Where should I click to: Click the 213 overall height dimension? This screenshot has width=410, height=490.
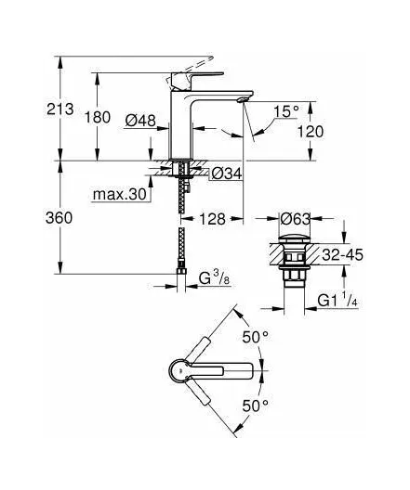(x=60, y=110)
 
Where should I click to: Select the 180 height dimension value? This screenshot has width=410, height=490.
(x=98, y=118)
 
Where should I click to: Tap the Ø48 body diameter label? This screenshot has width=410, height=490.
(x=140, y=121)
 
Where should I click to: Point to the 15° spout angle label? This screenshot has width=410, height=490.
(x=286, y=111)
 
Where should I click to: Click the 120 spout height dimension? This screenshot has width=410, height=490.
(x=311, y=132)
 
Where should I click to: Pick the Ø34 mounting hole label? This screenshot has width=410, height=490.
(x=227, y=174)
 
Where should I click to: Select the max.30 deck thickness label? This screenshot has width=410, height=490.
(x=120, y=194)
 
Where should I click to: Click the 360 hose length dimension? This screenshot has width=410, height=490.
(x=59, y=217)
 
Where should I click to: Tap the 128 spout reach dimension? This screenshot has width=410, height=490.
(x=213, y=219)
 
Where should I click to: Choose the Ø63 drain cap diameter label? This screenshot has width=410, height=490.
(x=295, y=219)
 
